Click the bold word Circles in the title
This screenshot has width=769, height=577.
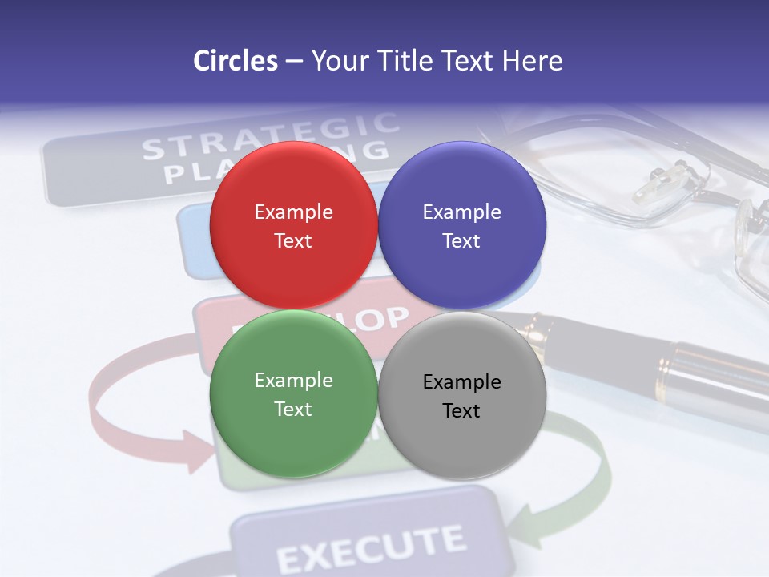point(236,61)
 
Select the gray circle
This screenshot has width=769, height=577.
point(461,396)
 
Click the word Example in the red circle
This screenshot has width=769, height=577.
point(293,212)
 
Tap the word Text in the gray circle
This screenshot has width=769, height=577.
point(461,411)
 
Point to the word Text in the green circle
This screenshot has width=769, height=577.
point(293,410)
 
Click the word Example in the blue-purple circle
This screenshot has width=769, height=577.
point(461,212)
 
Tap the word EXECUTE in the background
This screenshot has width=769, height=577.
point(370,548)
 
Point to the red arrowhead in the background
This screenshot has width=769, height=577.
point(195,451)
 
